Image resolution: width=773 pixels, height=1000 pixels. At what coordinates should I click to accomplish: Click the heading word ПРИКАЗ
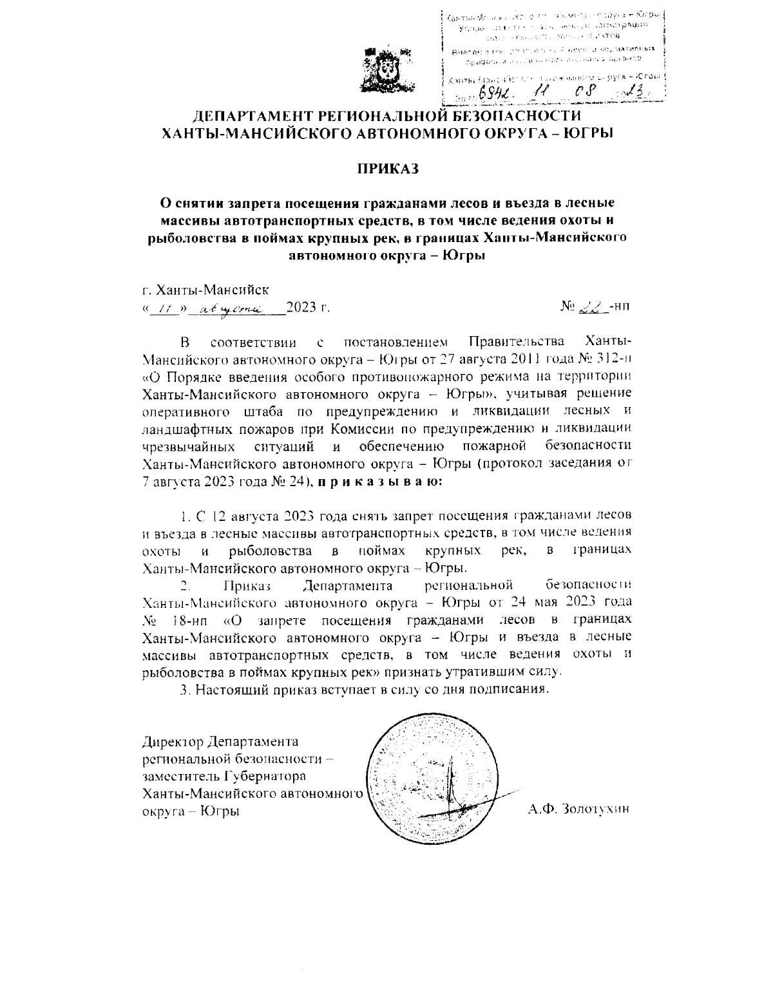pos(388,168)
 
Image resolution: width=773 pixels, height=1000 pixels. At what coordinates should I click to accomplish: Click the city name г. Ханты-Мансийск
pos(205,290)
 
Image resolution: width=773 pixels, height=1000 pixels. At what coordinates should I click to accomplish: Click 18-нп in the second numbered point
pos(191,620)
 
